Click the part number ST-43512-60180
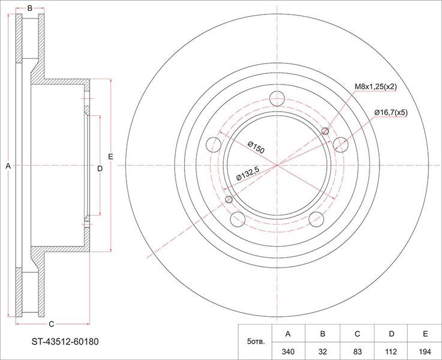(65, 342)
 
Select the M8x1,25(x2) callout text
(375, 87)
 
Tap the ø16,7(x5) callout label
(391, 113)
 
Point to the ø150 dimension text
(256, 148)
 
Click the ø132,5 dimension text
(248, 173)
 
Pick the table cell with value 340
(288, 352)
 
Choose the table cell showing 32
(323, 352)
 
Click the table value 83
(357, 352)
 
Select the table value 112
(391, 352)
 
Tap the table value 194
(425, 352)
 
